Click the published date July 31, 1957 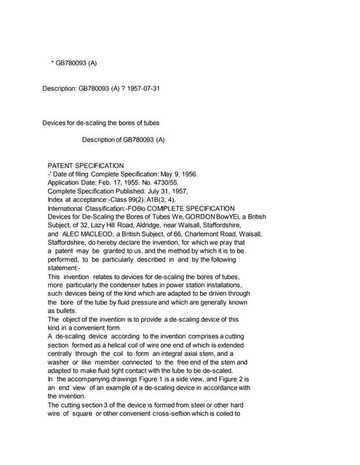point(164,195)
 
